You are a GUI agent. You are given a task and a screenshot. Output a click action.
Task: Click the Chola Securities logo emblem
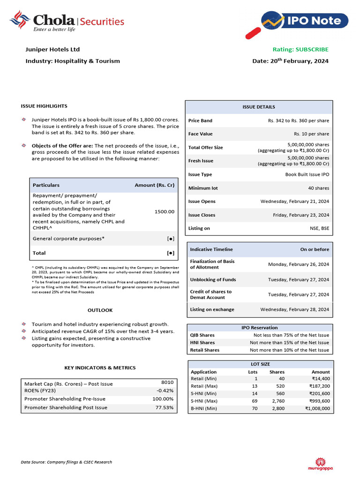pos(20,21)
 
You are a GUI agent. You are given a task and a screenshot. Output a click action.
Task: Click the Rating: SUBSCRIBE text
pos(300,49)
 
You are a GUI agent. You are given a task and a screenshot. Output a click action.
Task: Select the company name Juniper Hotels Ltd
pos(52,49)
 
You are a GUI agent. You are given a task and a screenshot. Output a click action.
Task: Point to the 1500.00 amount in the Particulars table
pos(164,211)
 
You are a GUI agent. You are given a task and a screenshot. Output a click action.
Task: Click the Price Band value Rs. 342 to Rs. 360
pos(298,120)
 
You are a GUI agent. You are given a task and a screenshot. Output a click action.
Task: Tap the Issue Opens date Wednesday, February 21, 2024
pos(294,201)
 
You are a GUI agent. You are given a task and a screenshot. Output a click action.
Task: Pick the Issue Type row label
pos(200,174)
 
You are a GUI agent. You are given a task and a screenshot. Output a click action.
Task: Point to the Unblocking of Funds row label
pos(213,280)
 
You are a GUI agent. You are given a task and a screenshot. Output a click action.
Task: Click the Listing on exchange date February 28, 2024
pos(294,309)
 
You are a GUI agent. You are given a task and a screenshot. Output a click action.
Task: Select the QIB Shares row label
pos(202,335)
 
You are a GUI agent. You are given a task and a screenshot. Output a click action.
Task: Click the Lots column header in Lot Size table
pos(253,372)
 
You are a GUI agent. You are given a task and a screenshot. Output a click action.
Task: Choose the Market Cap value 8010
pos(167,382)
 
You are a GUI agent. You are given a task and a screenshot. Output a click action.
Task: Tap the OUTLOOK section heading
pos(100,310)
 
